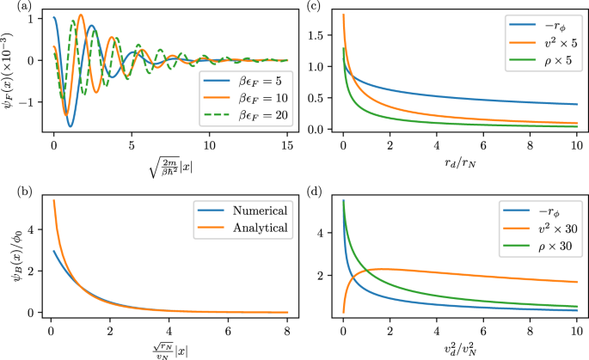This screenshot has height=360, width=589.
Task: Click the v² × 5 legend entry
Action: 545,41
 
